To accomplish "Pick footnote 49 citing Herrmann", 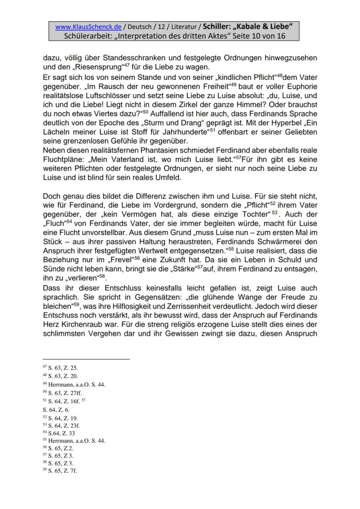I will pos(74,384).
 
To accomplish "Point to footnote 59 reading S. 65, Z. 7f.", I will pos(60,471).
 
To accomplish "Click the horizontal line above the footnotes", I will pos(86,359).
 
